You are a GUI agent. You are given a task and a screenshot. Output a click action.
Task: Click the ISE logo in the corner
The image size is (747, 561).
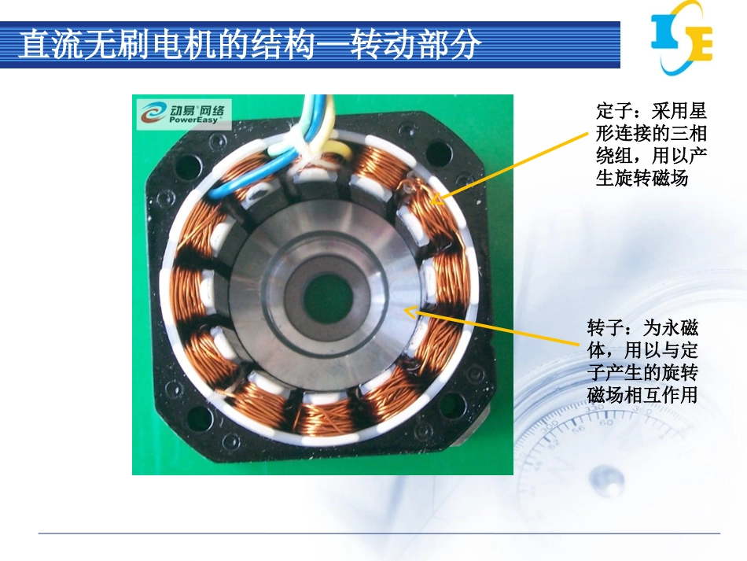pyautogui.click(x=682, y=38)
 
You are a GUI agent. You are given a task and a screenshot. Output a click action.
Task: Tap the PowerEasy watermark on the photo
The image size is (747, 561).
pyautogui.click(x=184, y=114)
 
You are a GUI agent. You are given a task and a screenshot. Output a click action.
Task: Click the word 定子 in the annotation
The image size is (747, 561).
pyautogui.click(x=614, y=112)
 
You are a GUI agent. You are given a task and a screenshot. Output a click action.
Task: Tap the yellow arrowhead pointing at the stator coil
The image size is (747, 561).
pyautogui.click(x=436, y=198)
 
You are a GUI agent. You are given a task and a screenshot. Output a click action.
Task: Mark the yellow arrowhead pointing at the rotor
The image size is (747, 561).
pyautogui.click(x=410, y=312)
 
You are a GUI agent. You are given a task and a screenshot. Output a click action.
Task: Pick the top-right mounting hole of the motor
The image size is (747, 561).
pyautogui.click(x=438, y=153)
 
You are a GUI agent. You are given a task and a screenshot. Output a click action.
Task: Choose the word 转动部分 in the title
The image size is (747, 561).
pyautogui.click(x=414, y=46)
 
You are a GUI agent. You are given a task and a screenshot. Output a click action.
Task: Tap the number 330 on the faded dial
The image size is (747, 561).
pyautogui.click(x=594, y=408)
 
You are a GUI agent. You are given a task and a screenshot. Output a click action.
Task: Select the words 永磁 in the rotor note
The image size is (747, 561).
pyautogui.click(x=680, y=328)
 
